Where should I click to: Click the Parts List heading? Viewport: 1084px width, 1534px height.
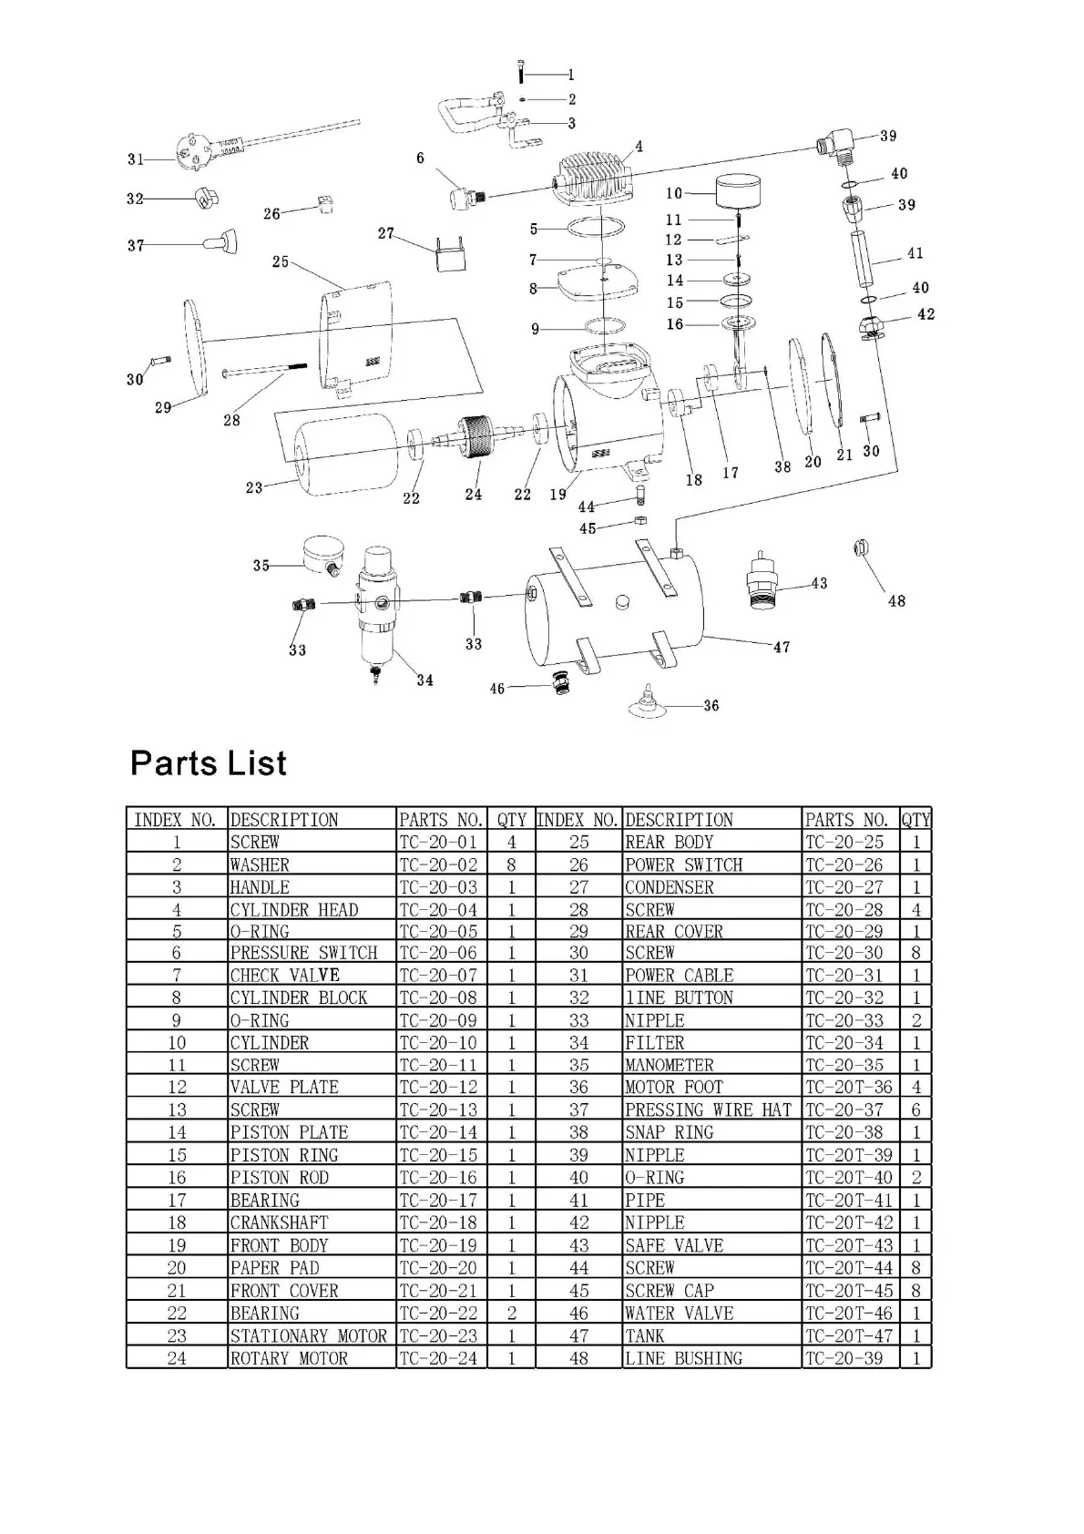tap(208, 763)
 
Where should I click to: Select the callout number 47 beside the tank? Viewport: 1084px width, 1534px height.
tap(782, 647)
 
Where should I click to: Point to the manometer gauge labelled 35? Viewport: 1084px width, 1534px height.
tap(323, 553)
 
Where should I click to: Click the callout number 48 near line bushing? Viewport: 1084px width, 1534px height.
tap(896, 601)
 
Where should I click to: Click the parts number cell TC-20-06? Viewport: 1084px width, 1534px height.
tap(438, 953)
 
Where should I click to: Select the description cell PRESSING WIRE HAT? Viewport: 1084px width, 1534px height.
tap(708, 1110)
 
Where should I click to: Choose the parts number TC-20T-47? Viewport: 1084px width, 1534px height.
tap(849, 1335)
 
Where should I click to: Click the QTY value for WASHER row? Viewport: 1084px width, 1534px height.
tap(512, 864)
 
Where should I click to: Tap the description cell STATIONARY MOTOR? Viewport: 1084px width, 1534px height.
tap(308, 1335)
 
